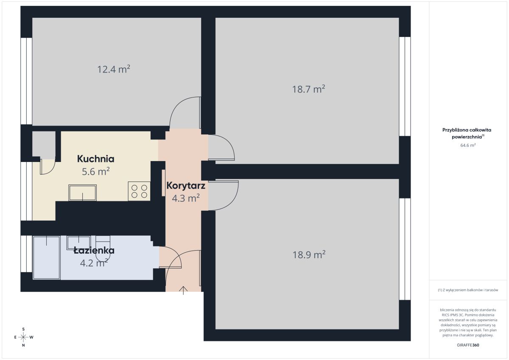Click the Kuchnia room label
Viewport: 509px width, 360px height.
[x=96, y=159]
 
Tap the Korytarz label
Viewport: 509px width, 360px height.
[x=186, y=186]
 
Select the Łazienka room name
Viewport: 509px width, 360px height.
[x=94, y=251]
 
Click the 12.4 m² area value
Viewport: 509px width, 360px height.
[x=114, y=69]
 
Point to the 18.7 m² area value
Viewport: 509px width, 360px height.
[x=308, y=89]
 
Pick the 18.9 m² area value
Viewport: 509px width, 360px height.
[x=309, y=254]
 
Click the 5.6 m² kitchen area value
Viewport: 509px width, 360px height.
[x=96, y=171]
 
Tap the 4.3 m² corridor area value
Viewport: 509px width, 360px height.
[x=186, y=198]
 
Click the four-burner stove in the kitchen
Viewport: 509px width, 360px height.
[x=139, y=191]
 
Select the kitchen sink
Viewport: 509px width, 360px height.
[x=82, y=193]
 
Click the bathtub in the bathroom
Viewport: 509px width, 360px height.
[x=47, y=257]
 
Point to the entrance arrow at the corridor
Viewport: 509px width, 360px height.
[x=183, y=290]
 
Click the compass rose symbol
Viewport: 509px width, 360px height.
[x=23, y=337]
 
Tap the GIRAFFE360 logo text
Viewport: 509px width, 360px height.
[x=468, y=345]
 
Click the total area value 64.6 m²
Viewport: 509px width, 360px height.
[x=468, y=145]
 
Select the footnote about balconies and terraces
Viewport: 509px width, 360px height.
[x=468, y=290]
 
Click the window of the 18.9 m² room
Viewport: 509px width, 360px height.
[x=405, y=249]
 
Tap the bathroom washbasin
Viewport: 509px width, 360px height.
[x=78, y=243]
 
